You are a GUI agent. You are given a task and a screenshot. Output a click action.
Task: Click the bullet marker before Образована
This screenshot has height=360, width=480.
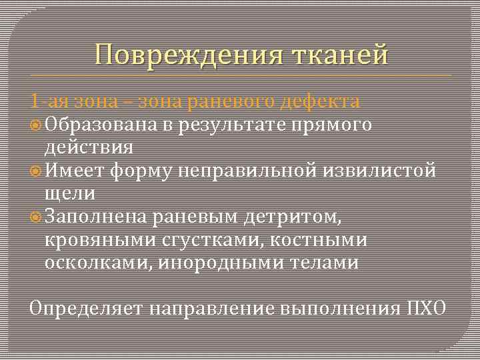(x=37, y=125)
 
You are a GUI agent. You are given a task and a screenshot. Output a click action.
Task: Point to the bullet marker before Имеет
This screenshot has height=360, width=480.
(x=37, y=171)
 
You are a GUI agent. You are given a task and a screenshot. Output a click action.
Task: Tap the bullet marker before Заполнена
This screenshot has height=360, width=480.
(x=37, y=217)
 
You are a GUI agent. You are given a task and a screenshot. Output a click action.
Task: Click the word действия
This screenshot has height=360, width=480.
(x=89, y=147)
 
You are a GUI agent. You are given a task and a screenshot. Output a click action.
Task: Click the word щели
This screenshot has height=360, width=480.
(x=70, y=193)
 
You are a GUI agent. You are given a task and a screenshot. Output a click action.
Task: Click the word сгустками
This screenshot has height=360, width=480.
(x=219, y=239)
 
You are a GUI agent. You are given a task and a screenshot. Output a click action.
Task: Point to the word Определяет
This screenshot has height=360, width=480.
(x=87, y=309)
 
